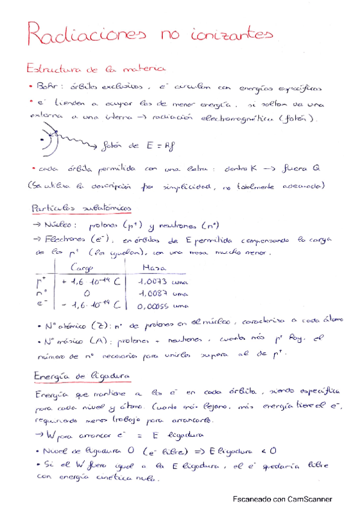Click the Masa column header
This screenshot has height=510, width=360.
[155, 268]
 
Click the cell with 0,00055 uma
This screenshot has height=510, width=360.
[162, 306]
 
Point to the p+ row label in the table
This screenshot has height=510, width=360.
[41, 281]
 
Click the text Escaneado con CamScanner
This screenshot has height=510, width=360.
[282, 499]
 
